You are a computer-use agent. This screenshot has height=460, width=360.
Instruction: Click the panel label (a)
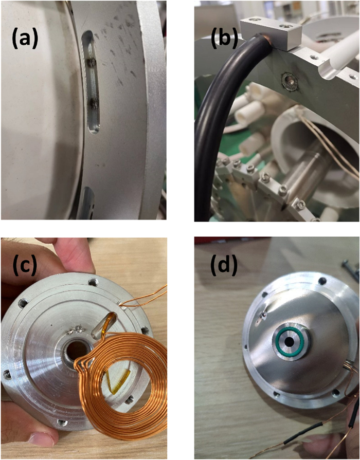pos(25,39)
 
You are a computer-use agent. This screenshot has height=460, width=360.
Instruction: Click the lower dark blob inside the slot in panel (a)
pos(94,103)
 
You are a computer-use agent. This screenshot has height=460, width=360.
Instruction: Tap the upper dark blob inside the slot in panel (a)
pos(93,62)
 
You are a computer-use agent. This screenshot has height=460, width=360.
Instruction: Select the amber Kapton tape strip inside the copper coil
pos(119,380)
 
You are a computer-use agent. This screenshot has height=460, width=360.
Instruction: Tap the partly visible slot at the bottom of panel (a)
pos(85,203)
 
